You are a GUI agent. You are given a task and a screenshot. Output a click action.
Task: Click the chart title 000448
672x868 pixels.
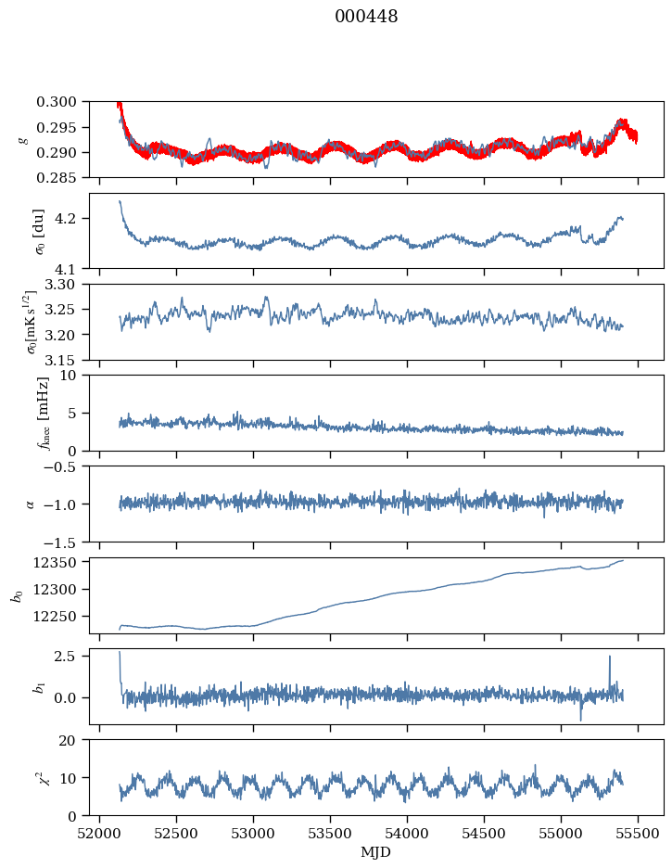366,17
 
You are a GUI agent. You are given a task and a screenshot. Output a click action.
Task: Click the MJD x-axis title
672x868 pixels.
375,851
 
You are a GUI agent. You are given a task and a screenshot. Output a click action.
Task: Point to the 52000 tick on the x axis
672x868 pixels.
100,832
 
